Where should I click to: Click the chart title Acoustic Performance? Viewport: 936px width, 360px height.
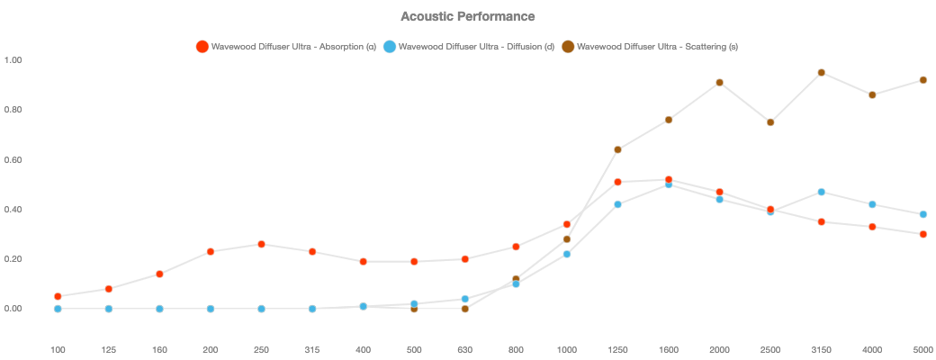pos(467,16)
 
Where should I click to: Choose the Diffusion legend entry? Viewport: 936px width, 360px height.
pos(468,46)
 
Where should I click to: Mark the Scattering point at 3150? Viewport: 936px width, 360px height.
pos(822,73)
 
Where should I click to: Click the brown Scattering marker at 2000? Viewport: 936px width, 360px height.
pos(720,83)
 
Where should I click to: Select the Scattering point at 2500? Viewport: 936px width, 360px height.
pos(770,122)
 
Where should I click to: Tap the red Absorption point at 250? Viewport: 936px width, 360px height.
pos(261,244)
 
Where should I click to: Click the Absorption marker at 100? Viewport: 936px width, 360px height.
pos(58,296)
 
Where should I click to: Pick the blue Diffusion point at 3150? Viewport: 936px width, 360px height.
pos(822,192)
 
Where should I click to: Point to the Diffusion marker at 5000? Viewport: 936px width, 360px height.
pos(923,214)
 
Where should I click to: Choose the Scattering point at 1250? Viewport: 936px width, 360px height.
pos(618,149)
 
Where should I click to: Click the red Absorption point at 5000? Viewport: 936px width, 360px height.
pos(923,234)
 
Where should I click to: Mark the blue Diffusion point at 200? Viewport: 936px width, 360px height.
pos(211,309)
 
